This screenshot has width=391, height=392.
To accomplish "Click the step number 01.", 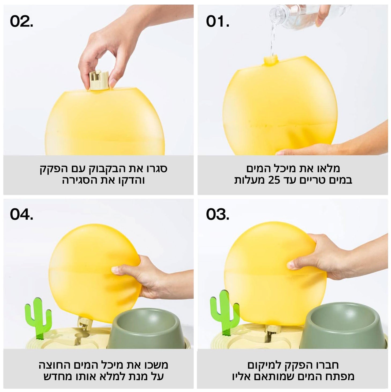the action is tap(218, 21).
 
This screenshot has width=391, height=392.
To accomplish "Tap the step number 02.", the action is tap(21, 21).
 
